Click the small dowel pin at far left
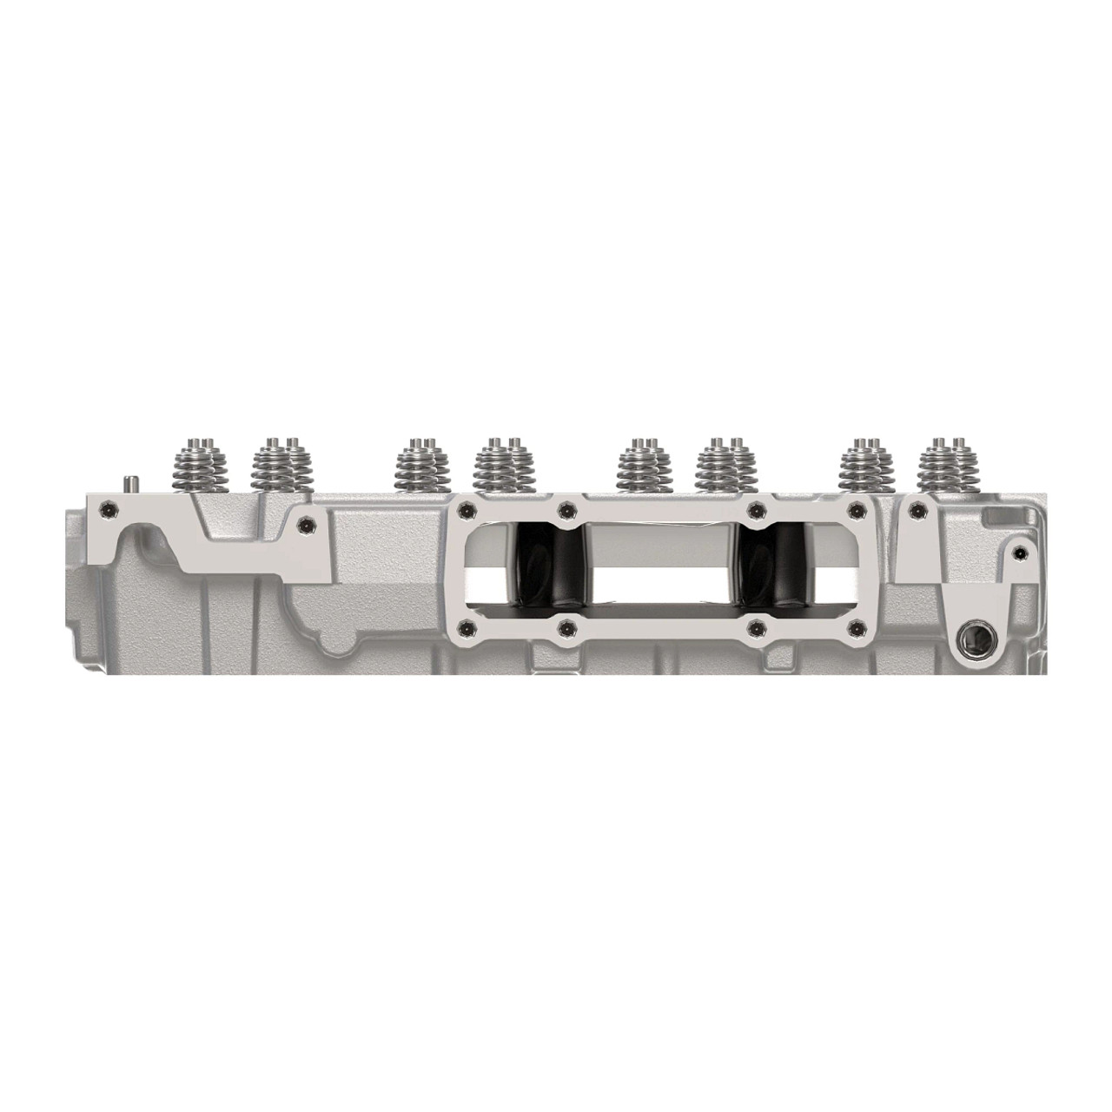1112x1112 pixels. [x=129, y=483]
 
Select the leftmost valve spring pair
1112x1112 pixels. [x=201, y=464]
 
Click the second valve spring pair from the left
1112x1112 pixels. [x=279, y=464]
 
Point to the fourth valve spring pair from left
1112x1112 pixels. [x=501, y=464]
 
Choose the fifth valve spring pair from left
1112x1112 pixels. [x=644, y=464]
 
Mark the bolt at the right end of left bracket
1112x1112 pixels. [x=305, y=523]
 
